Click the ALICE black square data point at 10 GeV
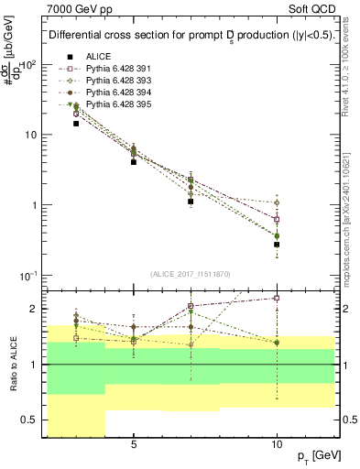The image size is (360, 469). [277, 245]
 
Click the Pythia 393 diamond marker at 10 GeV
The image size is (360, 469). [277, 202]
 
